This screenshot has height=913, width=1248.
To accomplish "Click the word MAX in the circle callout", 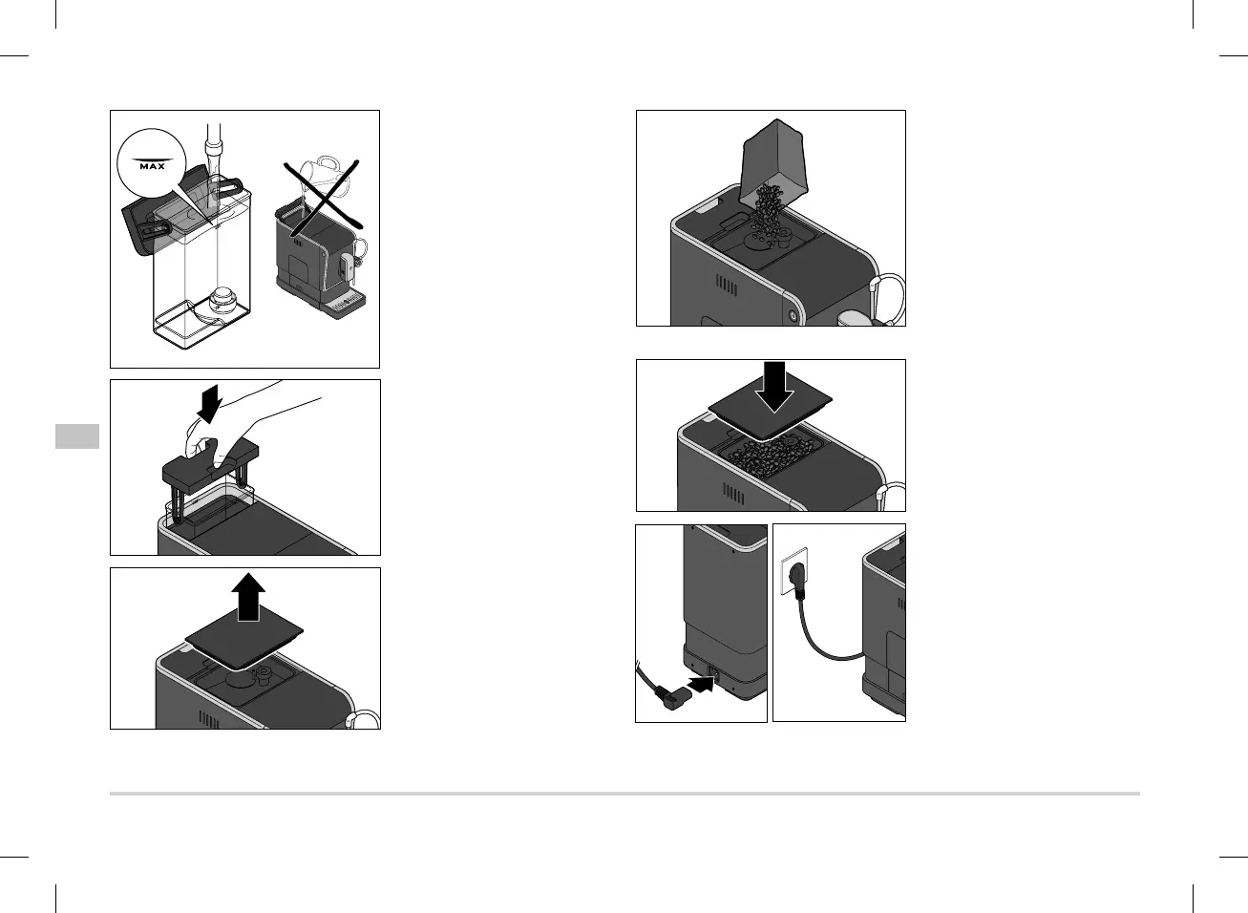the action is [152, 165].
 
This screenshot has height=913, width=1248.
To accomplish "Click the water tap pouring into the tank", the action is [216, 143].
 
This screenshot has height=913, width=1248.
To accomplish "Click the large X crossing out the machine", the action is [322, 197].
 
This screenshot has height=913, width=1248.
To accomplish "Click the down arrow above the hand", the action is [206, 407].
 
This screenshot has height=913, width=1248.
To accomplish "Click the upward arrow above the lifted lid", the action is [249, 598].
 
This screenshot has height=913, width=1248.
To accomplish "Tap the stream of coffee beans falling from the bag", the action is [766, 211].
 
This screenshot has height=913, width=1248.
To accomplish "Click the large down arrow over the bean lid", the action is [774, 385].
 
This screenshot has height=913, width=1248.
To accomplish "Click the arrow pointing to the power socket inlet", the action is [699, 684].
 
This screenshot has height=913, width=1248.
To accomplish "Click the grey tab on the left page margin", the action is [76, 436].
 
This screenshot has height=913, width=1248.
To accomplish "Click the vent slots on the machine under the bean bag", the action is [728, 287].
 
